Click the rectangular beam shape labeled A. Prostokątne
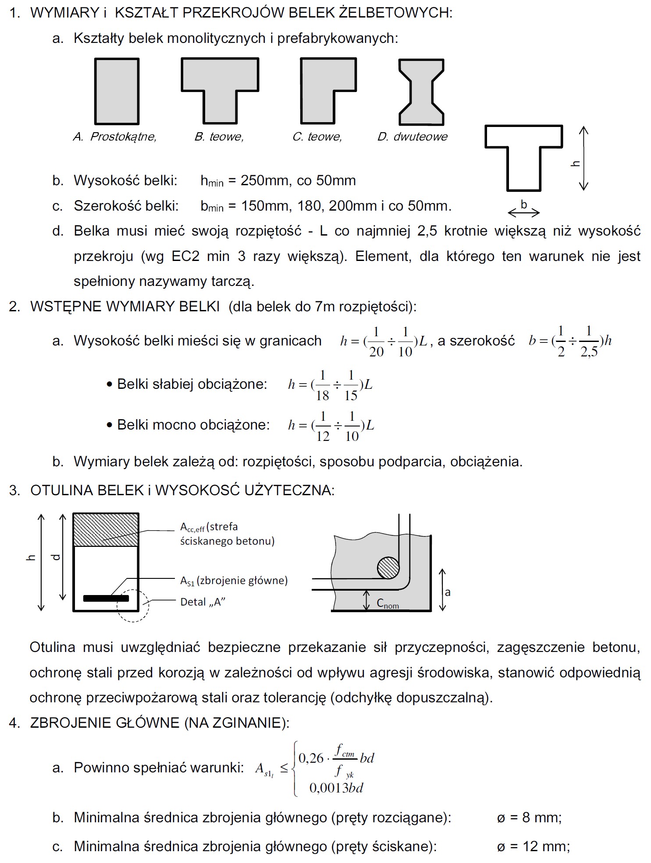click(x=117, y=91)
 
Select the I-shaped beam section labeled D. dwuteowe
click(x=421, y=92)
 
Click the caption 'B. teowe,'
click(x=219, y=137)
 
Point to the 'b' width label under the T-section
click(x=523, y=204)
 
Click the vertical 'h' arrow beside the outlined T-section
click(x=583, y=159)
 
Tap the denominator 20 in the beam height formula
click(x=376, y=352)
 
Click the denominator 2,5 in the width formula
click(x=589, y=352)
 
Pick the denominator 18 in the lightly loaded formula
click(x=322, y=396)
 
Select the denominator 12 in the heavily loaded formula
click(x=323, y=436)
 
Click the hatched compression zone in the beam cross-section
click(x=106, y=530)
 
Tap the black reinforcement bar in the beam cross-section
click(x=106, y=598)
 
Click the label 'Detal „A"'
click(x=203, y=602)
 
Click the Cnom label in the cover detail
click(x=388, y=603)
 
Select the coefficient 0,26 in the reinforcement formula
click(x=311, y=758)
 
